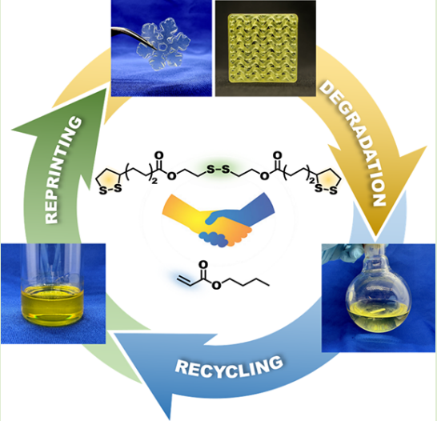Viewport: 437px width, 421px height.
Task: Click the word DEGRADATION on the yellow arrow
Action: pyautogui.click(x=351, y=143)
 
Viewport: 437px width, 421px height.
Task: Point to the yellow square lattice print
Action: pyautogui.click(x=263, y=49)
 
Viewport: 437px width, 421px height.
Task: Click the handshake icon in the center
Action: pyautogui.click(x=218, y=220)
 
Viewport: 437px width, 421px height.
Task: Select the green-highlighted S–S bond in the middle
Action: pyautogui.click(x=218, y=169)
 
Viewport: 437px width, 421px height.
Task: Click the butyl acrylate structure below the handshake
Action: pyautogui.click(x=223, y=275)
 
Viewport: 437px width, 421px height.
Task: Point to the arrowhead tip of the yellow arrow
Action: pyautogui.click(x=375, y=237)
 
